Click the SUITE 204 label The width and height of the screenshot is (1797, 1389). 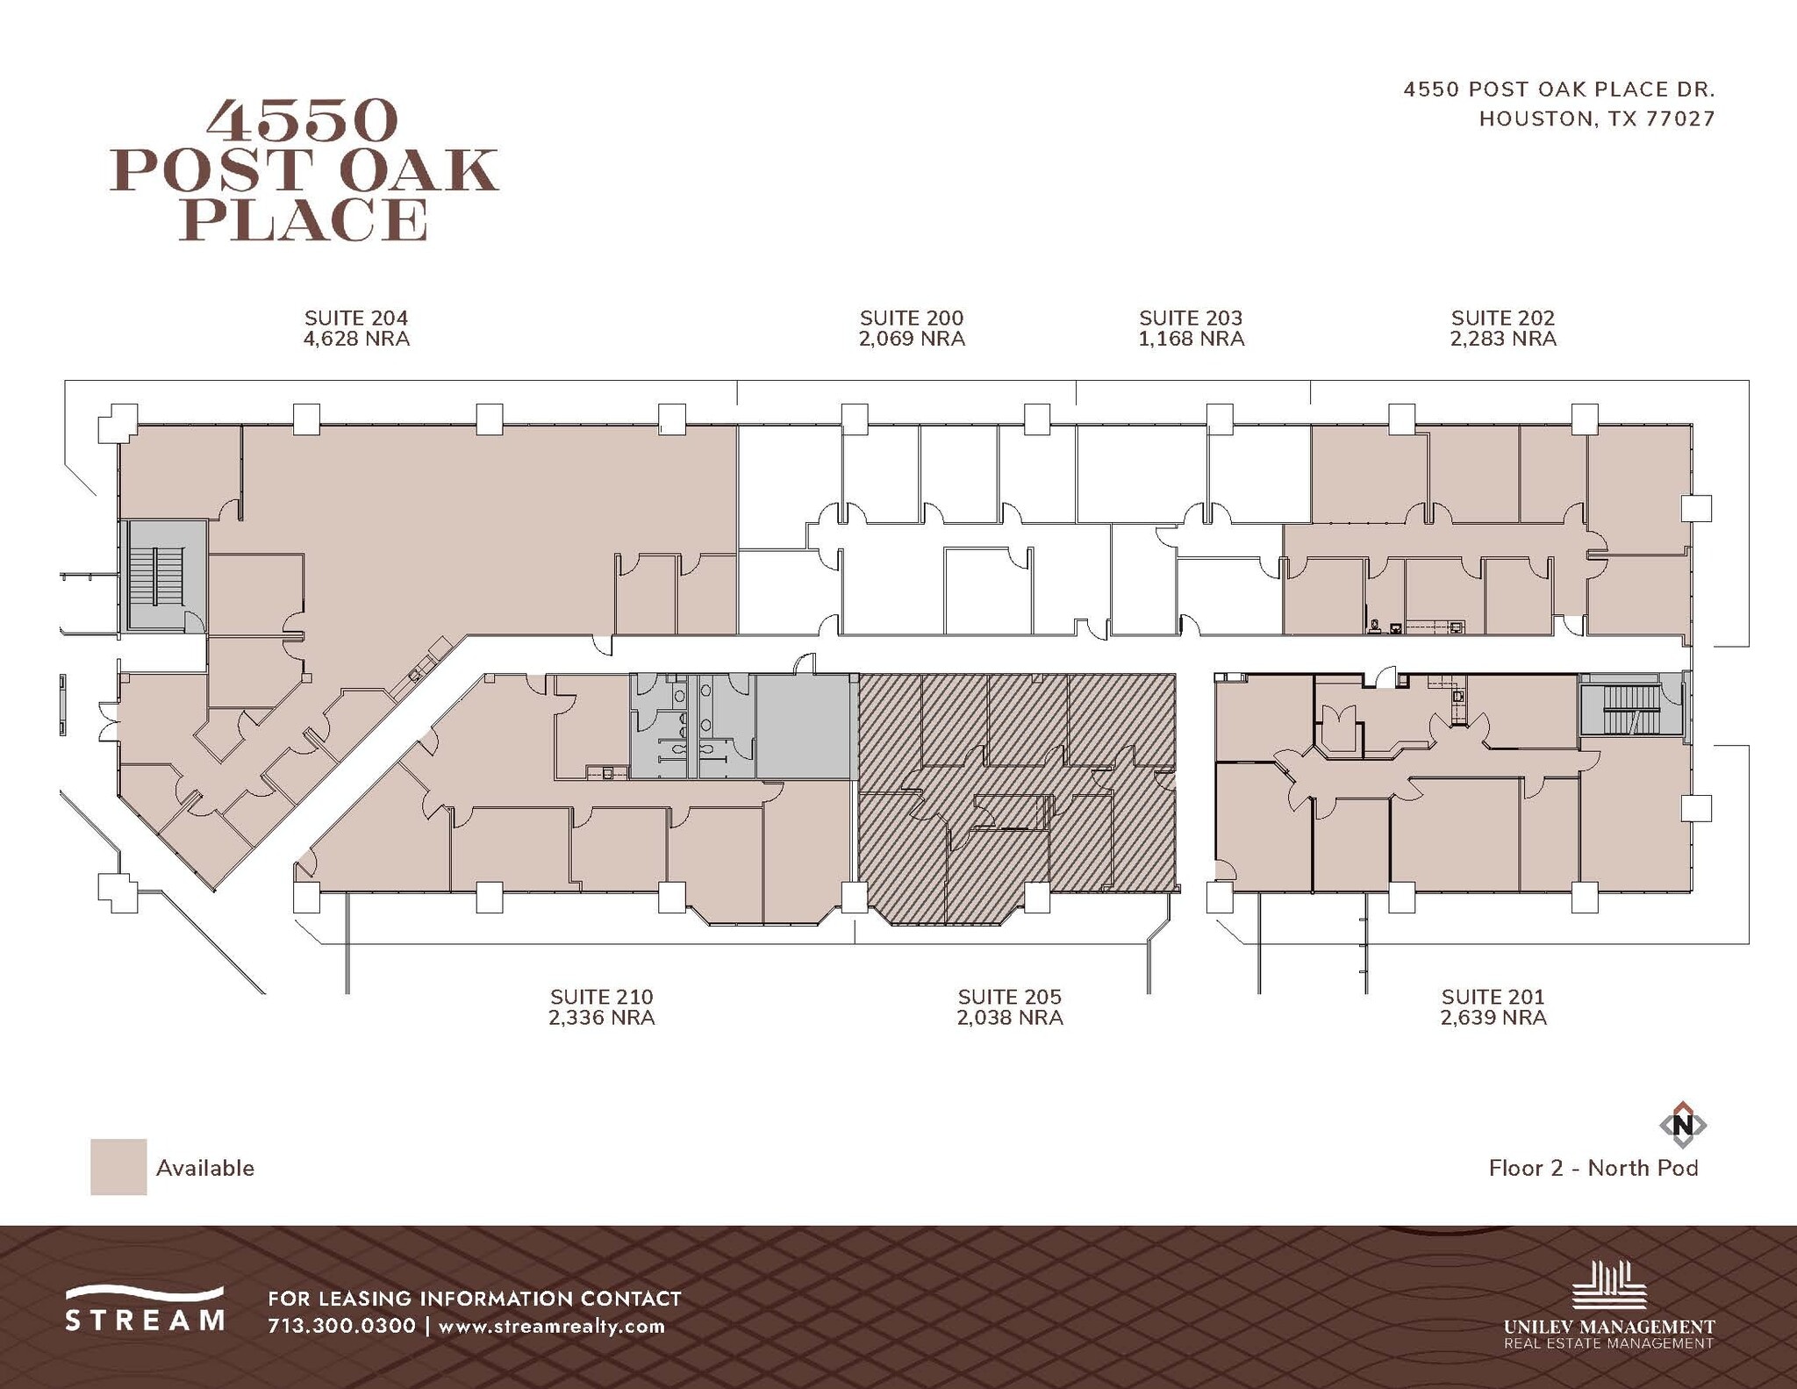point(356,318)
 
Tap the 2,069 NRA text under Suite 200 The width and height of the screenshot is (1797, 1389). point(912,340)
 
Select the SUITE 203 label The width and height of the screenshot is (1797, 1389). point(1191,318)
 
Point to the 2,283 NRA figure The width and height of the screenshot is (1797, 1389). point(1503,340)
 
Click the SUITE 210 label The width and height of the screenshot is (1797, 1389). point(601,997)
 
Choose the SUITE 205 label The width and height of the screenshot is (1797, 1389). point(1009,997)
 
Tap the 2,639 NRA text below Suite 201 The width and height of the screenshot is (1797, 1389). point(1493,1018)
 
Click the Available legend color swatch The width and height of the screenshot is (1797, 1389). point(118,1167)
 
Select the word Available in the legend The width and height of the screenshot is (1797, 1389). point(205,1168)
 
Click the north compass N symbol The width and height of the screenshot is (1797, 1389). point(1682,1124)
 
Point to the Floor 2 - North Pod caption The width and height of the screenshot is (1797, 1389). point(1593,1168)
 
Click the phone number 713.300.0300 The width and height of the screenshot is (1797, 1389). point(341,1326)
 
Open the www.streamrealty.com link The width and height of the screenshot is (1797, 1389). point(551,1326)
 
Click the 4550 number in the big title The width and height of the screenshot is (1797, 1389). point(303,121)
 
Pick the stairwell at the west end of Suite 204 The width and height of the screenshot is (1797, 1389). point(156,576)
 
